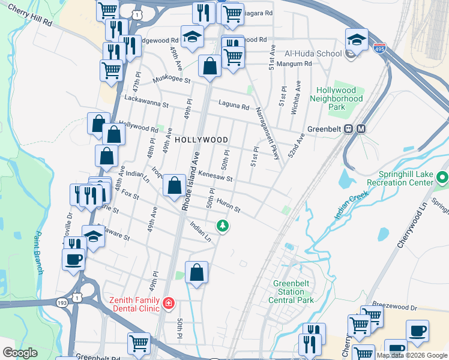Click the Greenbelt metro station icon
(x=361, y=129)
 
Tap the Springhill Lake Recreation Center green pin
(x=443, y=178)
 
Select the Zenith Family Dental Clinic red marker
(x=169, y=304)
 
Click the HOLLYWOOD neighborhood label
(x=202, y=140)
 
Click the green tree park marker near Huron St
(x=223, y=226)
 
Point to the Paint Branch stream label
(x=39, y=252)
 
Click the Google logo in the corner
(x=20, y=353)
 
